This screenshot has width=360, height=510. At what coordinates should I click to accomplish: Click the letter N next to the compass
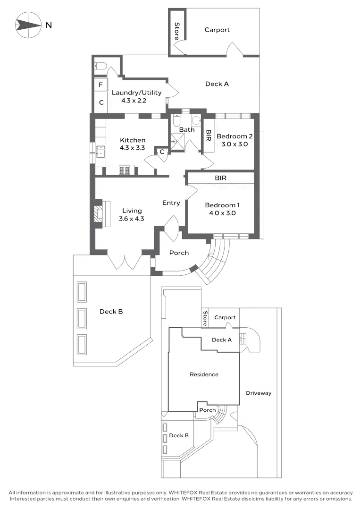(49, 25)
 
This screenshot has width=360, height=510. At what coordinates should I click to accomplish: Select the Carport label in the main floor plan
(217, 30)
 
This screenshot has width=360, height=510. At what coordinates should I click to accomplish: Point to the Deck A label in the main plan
(217, 84)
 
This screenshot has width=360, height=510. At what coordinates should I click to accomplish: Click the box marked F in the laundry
(100, 85)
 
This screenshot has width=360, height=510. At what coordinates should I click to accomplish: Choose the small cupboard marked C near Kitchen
(161, 152)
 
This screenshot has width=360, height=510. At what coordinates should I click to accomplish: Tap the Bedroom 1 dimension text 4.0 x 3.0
(222, 213)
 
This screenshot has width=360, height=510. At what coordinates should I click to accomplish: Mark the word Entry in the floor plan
(171, 203)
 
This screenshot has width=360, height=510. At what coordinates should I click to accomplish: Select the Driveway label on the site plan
(259, 393)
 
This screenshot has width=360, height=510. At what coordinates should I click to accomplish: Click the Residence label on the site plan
(204, 374)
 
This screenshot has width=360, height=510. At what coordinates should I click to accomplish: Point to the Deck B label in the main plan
(111, 312)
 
